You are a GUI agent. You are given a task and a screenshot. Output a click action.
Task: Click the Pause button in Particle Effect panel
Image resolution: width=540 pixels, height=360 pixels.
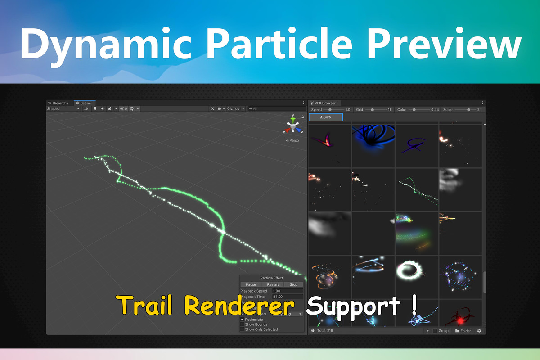251,284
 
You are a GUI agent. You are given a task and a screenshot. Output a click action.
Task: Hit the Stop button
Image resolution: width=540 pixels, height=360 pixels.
293,284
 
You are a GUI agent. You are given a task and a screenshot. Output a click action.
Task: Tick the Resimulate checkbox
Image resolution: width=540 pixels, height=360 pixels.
242,319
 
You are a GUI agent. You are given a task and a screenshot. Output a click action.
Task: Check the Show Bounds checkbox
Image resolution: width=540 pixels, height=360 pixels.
242,324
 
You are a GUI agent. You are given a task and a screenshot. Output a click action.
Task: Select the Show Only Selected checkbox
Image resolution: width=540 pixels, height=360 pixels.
242,329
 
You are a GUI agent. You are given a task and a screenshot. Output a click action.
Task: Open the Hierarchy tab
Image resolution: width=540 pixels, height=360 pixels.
58,103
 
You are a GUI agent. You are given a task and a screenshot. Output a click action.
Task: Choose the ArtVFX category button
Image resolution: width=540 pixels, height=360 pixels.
326,117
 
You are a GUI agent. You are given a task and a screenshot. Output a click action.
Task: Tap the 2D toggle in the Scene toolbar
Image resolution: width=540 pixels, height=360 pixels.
86,108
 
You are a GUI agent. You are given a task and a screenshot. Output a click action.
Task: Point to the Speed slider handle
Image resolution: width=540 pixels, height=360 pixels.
330,110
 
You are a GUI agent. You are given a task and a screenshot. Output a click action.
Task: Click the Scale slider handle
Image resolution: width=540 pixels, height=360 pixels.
468,110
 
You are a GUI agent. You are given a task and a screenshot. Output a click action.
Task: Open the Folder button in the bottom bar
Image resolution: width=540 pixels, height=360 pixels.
463,331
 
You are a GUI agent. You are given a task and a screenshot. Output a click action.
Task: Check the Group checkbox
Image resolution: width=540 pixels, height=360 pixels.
435,331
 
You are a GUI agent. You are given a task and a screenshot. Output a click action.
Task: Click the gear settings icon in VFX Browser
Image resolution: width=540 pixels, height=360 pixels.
479,331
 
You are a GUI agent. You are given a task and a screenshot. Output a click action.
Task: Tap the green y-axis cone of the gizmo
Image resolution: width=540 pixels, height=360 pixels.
293,120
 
